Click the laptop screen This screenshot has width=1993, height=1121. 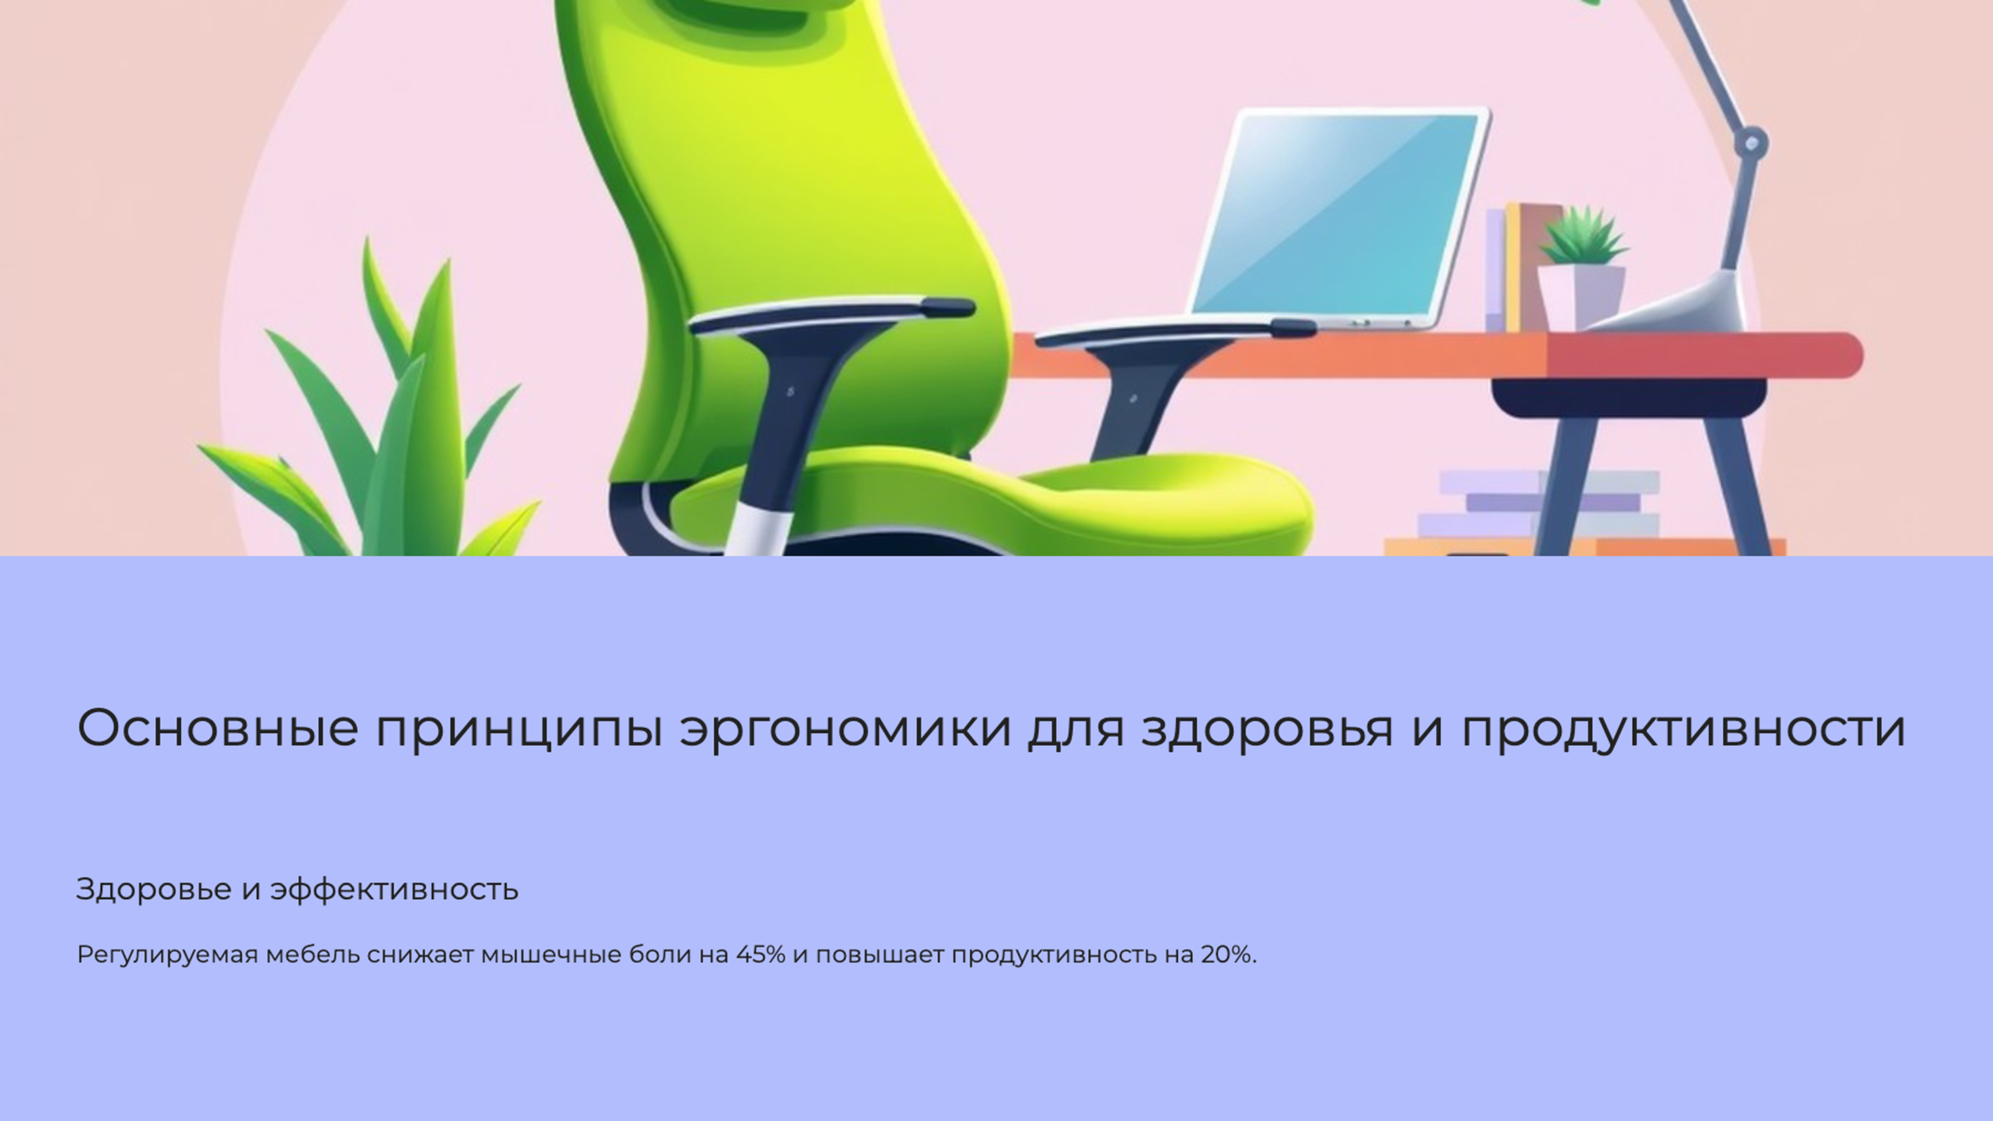click(1338, 213)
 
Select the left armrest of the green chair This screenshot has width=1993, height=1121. click(832, 313)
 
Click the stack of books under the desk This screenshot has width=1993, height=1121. click(1540, 503)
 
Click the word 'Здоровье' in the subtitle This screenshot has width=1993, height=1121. click(153, 890)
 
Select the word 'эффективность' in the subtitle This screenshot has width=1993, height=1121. click(394, 890)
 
